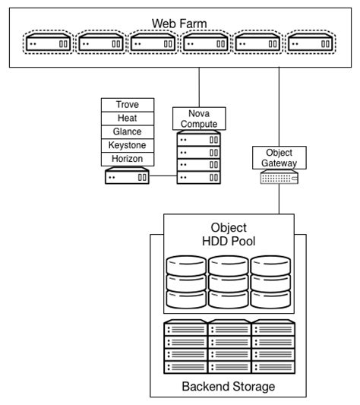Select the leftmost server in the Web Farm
point(48,44)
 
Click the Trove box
point(127,104)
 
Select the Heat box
point(127,118)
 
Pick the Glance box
point(127,131)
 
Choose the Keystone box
point(127,145)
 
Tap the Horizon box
point(127,159)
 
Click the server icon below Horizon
point(127,177)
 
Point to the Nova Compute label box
point(198,119)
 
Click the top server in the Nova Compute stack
point(198,139)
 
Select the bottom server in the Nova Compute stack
point(198,177)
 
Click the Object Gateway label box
point(279,157)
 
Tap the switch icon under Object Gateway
point(279,177)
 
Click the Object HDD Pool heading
point(229,235)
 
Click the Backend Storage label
point(229,386)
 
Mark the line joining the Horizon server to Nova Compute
point(163,177)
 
